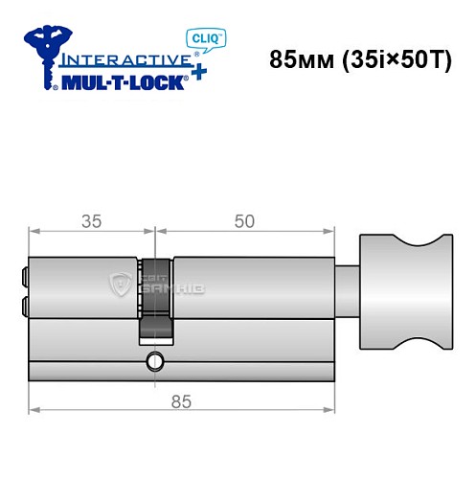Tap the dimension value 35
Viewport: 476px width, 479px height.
click(91, 221)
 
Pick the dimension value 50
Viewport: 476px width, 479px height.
click(244, 221)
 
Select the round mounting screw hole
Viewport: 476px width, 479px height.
click(153, 362)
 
